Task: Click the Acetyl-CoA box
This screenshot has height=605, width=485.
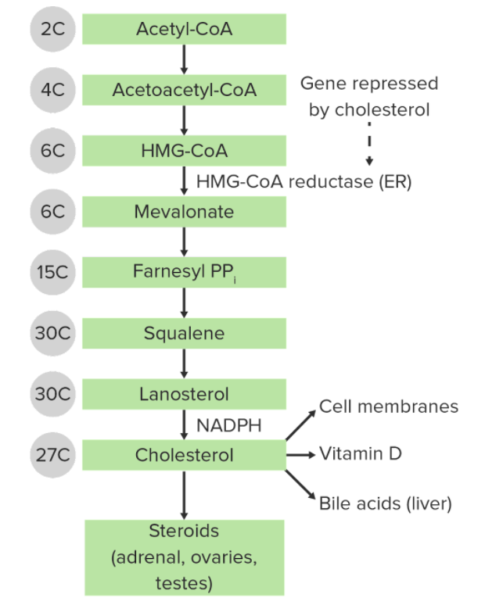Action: (x=184, y=29)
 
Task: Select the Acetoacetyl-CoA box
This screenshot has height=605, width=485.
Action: (x=184, y=90)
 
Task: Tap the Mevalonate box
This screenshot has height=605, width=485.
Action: (x=184, y=212)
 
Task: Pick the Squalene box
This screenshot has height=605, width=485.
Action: (x=184, y=333)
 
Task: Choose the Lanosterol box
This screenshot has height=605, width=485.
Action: (x=184, y=394)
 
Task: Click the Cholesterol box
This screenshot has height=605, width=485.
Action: (x=184, y=455)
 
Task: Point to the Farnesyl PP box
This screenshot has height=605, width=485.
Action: (x=184, y=272)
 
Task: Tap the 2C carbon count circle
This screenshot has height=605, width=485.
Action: (x=53, y=29)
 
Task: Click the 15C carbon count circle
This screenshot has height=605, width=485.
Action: (x=53, y=272)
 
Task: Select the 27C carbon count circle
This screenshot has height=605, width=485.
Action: (x=53, y=455)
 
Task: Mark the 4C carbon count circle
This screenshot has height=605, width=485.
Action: (x=53, y=90)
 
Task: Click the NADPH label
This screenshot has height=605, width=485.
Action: (x=229, y=425)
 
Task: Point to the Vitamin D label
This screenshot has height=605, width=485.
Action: (x=361, y=453)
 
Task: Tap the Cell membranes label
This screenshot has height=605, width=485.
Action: (x=389, y=406)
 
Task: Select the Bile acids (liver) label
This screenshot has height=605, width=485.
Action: (x=386, y=503)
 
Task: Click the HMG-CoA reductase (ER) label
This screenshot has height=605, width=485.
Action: (x=304, y=181)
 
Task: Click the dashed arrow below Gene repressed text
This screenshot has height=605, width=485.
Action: (x=369, y=144)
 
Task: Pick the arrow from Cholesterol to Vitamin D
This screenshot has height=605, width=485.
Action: (x=301, y=455)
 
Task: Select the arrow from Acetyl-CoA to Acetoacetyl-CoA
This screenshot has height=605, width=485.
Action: (x=184, y=59)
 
